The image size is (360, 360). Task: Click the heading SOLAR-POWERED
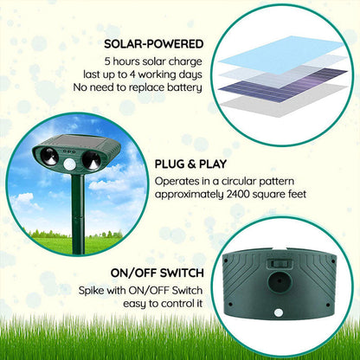pos(154,43)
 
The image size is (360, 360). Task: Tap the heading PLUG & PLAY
pos(185,163)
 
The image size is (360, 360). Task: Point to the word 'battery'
pos(182,87)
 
